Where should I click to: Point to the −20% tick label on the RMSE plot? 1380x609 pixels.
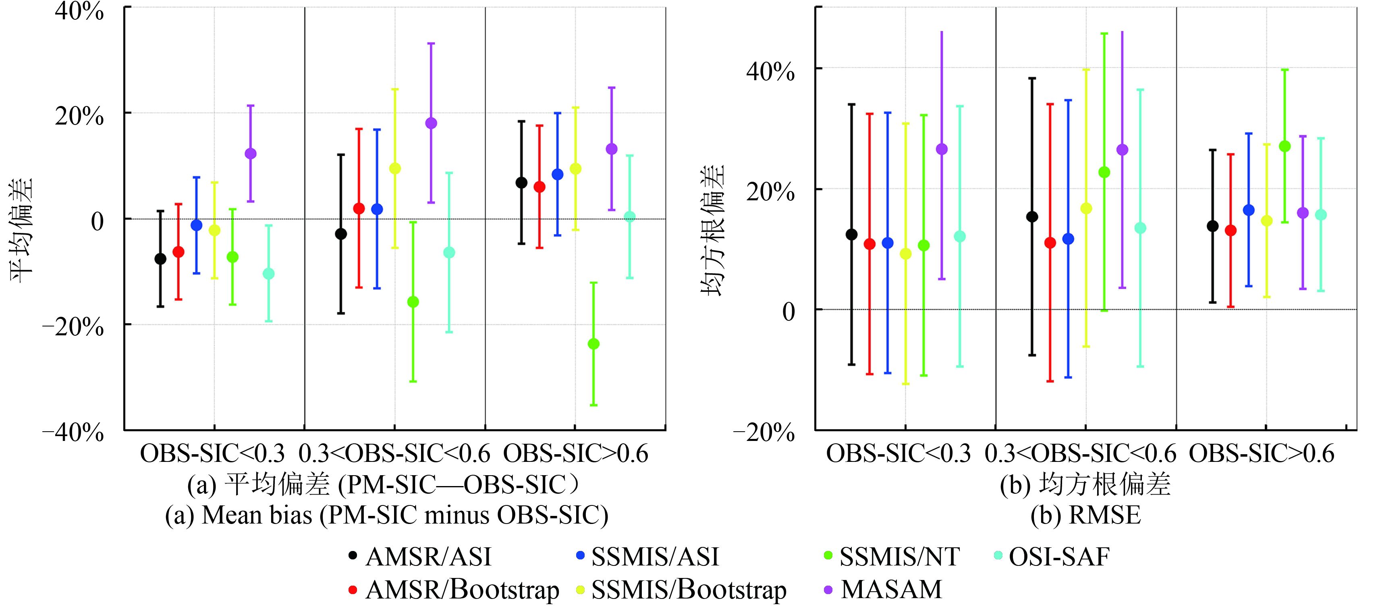pos(764,432)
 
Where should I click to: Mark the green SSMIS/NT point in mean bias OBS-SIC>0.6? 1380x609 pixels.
pos(594,344)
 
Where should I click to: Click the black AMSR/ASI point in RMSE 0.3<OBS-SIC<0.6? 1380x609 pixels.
pos(1032,216)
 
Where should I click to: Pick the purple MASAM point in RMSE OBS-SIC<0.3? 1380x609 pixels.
pos(941,149)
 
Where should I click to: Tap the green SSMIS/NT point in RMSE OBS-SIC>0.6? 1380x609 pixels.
pos(1285,146)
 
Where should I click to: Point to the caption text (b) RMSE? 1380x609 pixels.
pos(1085,515)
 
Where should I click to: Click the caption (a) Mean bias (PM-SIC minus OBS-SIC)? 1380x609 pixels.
pos(387,515)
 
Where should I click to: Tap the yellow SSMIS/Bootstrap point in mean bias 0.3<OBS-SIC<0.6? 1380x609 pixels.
pos(395,168)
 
